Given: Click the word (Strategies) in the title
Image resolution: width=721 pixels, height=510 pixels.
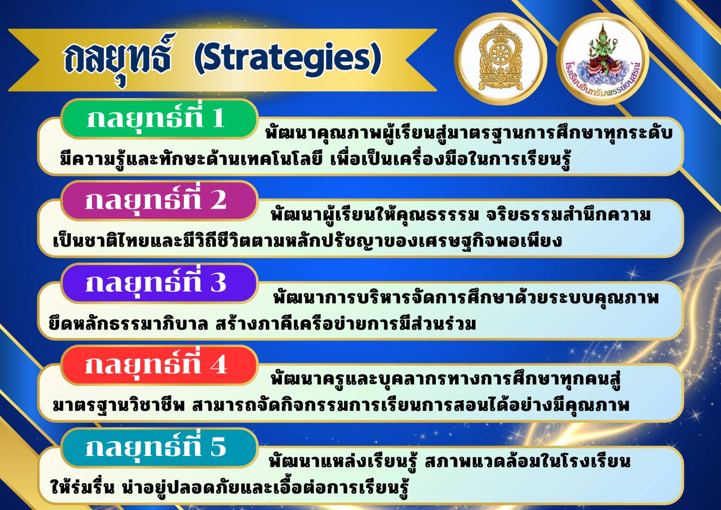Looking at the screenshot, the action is pos(288,59).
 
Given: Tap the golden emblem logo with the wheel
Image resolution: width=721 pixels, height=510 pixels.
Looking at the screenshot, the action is pos(501,59).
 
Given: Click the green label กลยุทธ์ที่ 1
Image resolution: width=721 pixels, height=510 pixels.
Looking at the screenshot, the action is pos(159,119).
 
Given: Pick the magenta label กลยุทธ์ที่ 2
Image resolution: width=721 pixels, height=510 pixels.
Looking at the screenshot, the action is pos(159,200).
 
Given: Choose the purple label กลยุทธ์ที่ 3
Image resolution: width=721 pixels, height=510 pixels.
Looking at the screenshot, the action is pos(159,283).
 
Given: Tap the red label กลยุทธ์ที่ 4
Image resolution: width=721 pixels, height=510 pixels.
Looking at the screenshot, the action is pos(159,365).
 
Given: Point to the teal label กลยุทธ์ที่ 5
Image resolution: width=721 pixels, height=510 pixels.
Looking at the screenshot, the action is pos(159,447).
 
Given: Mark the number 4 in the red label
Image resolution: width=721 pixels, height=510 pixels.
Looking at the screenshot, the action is pos(218,365).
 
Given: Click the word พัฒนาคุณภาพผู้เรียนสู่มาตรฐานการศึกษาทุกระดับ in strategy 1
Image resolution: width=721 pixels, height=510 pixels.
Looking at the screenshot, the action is pos(469,133).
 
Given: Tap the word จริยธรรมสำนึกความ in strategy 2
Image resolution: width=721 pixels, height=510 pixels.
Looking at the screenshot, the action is pos(568,214).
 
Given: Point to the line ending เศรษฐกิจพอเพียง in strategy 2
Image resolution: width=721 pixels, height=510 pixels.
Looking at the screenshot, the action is pos(307,240).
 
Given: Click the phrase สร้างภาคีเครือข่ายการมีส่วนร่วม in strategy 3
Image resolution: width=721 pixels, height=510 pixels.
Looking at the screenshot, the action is pos(345,324).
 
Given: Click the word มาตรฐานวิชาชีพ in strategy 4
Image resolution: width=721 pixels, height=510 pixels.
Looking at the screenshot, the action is pos(119,406).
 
